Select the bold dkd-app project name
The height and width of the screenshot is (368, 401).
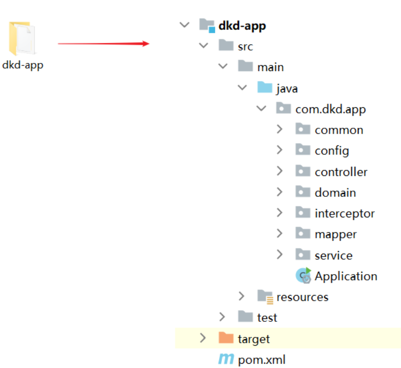pyautogui.click(x=242, y=26)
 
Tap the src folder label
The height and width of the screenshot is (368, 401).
pyautogui.click(x=245, y=46)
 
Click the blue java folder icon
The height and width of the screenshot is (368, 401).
pyautogui.click(x=264, y=88)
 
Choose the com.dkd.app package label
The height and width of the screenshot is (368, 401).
pyautogui.click(x=331, y=109)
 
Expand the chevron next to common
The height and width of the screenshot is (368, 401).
pyautogui.click(x=280, y=130)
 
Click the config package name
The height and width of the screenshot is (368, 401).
pyautogui.click(x=331, y=151)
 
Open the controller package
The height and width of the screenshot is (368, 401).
pyautogui.click(x=341, y=172)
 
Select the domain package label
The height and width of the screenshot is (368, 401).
pyautogui.click(x=335, y=193)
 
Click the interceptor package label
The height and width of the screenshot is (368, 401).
pyautogui.click(x=344, y=214)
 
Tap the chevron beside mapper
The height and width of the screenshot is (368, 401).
pyautogui.click(x=280, y=234)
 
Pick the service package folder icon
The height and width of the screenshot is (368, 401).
pyautogui.click(x=303, y=255)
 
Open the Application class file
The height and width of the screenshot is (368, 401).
pyautogui.click(x=345, y=276)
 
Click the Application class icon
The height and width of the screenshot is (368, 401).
pyautogui.click(x=303, y=276)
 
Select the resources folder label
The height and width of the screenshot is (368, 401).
pyautogui.click(x=302, y=297)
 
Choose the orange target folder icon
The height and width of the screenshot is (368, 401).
pyautogui.click(x=226, y=338)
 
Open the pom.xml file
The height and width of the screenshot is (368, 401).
pyautogui.click(x=261, y=359)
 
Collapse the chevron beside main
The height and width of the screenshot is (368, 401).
pyautogui.click(x=223, y=67)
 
